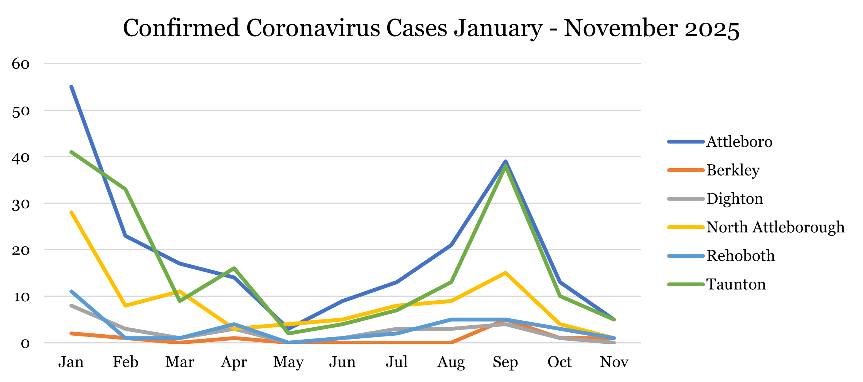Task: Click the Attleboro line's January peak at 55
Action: (71, 87)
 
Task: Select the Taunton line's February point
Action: (126, 189)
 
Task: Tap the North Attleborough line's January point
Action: (71, 212)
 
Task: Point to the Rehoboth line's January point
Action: (71, 291)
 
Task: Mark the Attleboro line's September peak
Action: (505, 161)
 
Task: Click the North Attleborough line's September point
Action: (505, 273)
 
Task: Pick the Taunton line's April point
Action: (234, 268)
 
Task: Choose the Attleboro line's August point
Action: (451, 245)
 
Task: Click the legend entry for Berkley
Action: (733, 170)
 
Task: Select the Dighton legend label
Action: (735, 199)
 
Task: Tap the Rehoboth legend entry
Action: (740, 256)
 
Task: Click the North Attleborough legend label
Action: (775, 227)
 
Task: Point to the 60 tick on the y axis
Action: (21, 64)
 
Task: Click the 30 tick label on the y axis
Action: (21, 204)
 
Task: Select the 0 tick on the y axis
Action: (25, 343)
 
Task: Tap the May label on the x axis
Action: (288, 362)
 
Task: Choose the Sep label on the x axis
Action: (505, 362)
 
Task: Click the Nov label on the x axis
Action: (614, 362)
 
